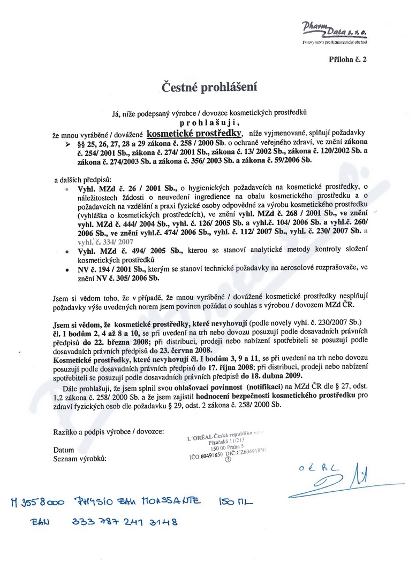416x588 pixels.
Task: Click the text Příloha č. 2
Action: point(348,60)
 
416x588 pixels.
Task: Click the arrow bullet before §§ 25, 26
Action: point(67,145)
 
